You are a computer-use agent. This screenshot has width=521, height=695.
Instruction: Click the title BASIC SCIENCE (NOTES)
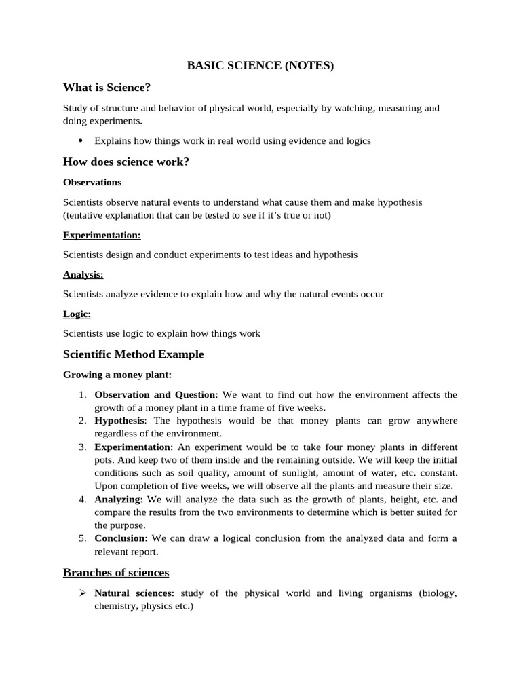coord(260,66)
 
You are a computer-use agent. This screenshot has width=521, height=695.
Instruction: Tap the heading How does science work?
coord(126,162)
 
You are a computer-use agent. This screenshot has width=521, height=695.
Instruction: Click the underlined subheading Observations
coord(92,182)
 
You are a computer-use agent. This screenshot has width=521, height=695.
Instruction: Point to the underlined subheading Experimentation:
coord(102,235)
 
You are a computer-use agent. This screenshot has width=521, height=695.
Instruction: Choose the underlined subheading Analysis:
coord(83,274)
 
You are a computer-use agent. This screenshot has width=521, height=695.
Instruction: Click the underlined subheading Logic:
coord(77,314)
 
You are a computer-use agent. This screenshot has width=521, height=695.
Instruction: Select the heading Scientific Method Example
coord(133,354)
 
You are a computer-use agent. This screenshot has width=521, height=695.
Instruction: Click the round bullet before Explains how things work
coord(80,140)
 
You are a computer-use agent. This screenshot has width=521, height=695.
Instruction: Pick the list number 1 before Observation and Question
coord(81,395)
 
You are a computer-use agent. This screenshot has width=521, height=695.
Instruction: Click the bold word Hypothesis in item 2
coord(120,421)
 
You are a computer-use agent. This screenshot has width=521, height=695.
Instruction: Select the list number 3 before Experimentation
coord(81,447)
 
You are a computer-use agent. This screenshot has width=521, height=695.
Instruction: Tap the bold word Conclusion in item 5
coord(120,538)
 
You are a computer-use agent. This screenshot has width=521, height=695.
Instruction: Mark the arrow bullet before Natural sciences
coord(81,593)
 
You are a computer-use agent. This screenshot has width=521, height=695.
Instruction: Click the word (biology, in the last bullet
coord(438,593)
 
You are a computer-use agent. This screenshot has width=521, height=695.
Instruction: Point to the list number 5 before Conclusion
coord(81,538)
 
